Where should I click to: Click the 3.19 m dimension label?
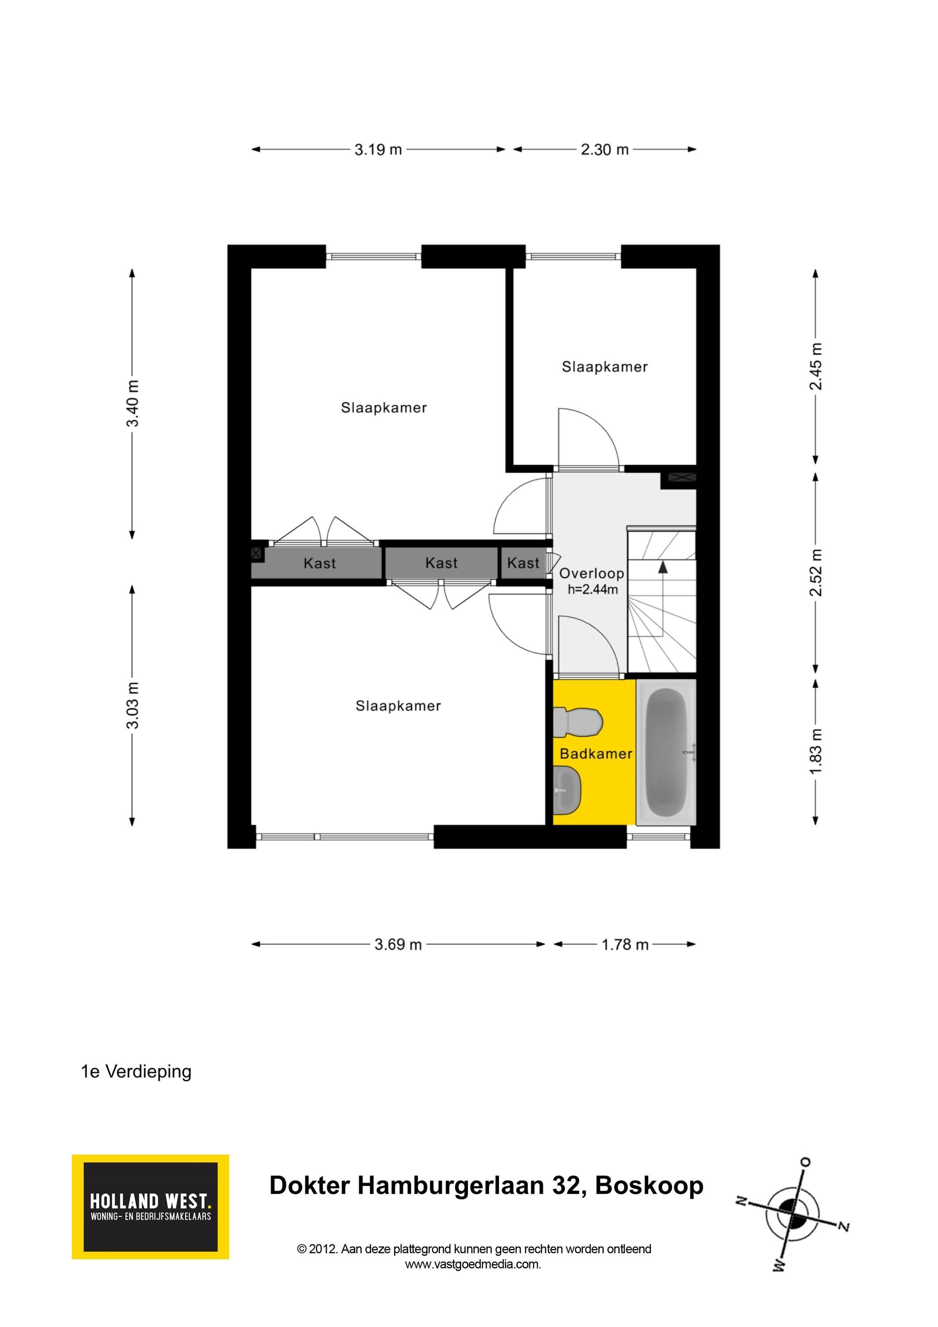[x=378, y=150]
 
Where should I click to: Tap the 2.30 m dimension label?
[x=605, y=150]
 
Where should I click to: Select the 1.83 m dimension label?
[x=815, y=752]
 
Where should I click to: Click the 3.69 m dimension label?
[x=398, y=944]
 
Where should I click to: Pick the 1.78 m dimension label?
[x=625, y=944]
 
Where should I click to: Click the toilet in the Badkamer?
[x=578, y=722]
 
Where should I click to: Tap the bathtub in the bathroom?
[x=666, y=752]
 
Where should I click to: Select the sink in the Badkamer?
[x=567, y=790]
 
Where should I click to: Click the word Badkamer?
[x=596, y=754]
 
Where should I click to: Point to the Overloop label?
[x=591, y=573]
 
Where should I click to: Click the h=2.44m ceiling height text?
[x=593, y=590]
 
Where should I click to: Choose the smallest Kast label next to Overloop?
[x=523, y=563]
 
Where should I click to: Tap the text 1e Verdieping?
[x=136, y=1071]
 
